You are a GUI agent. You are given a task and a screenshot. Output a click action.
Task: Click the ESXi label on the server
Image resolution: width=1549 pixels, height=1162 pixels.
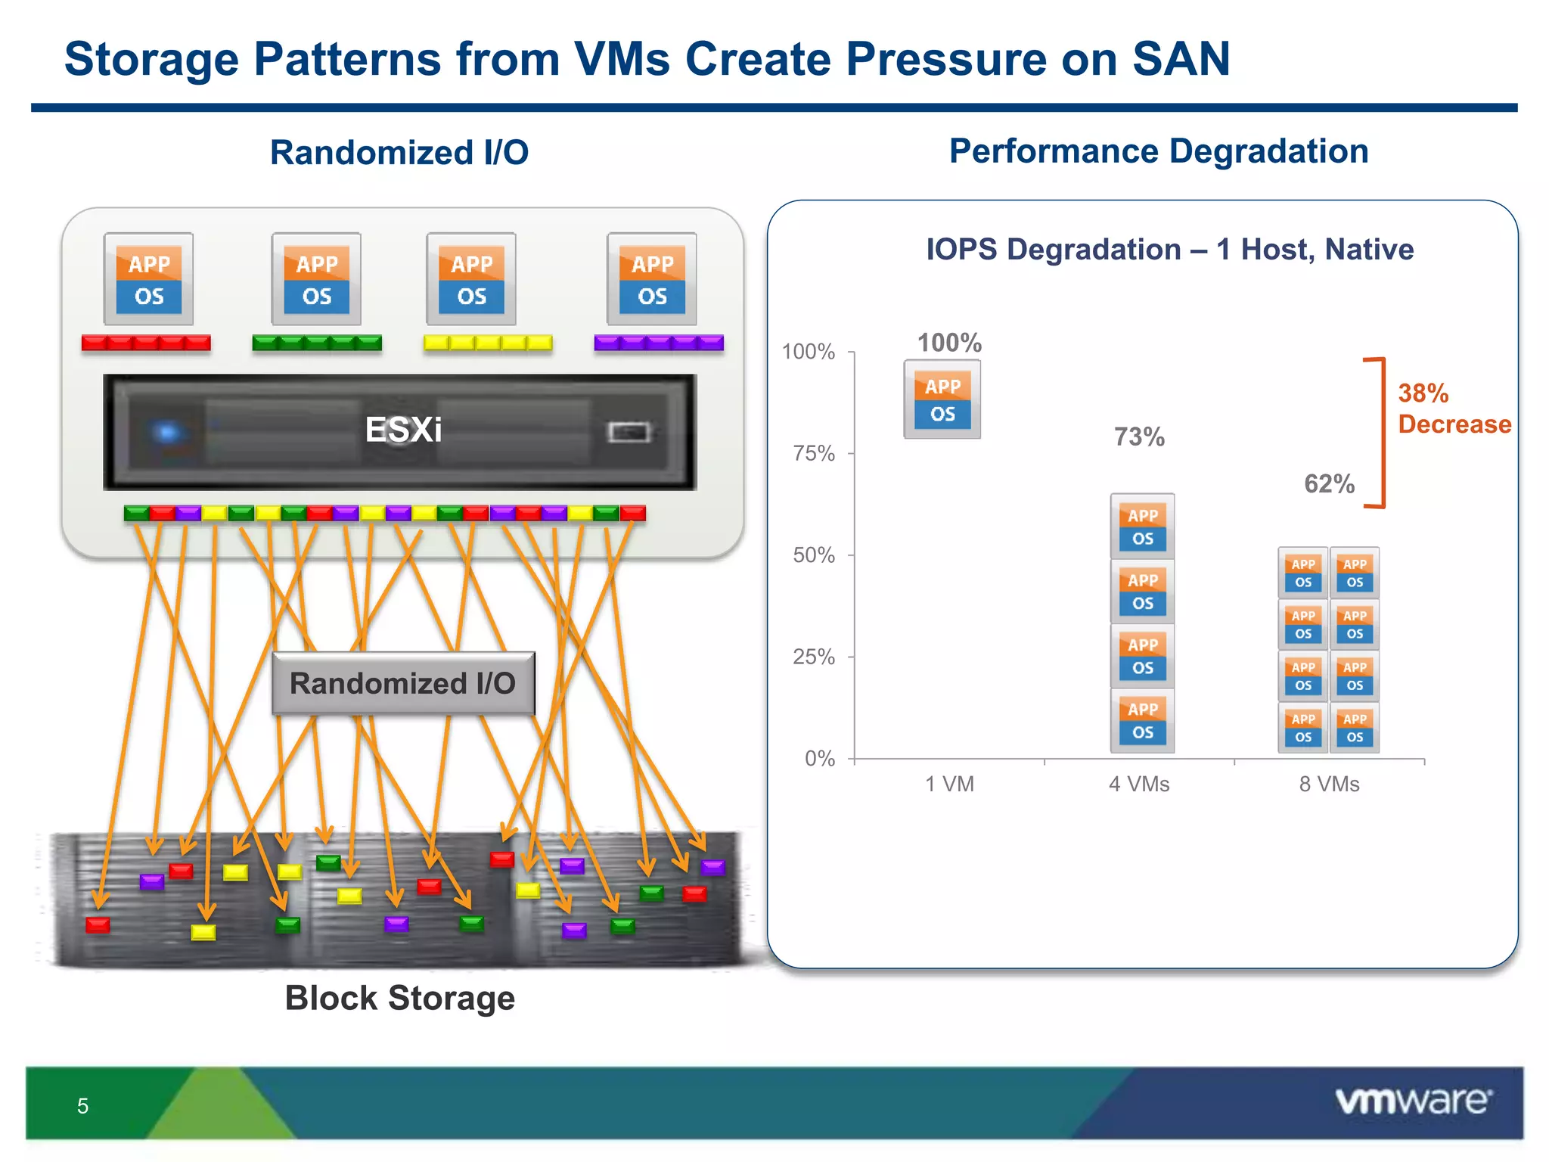coord(403,430)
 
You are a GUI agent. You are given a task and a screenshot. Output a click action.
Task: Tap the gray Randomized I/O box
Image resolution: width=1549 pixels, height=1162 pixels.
coord(403,683)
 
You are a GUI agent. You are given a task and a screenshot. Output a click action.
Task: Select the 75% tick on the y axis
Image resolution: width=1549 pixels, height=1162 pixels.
coord(814,453)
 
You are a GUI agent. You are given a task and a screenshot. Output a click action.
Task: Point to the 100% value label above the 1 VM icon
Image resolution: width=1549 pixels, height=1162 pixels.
coord(949,343)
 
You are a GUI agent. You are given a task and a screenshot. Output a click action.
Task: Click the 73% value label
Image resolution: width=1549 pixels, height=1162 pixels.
coord(1139,437)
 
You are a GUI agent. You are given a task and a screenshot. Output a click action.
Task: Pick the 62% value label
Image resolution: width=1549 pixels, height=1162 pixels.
coord(1329,483)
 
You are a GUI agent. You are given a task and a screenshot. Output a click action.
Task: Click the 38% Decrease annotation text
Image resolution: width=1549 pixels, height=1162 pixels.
coord(1453,409)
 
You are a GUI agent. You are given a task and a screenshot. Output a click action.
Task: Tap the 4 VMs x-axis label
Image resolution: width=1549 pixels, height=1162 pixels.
coord(1139,784)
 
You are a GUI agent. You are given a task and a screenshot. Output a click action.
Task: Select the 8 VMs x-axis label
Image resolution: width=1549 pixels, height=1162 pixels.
coord(1329,784)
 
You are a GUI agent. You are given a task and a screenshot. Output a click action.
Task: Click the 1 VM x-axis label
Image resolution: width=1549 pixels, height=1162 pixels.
coord(949,784)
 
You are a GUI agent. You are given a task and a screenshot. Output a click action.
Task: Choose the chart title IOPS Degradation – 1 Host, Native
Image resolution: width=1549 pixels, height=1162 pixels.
coord(1169,249)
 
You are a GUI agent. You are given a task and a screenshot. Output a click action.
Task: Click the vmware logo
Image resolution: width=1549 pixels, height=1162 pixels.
coord(1413,1101)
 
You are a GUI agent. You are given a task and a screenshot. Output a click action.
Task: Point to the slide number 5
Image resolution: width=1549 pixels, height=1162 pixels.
coord(82,1106)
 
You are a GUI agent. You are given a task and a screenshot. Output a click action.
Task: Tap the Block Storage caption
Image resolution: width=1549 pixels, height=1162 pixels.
coord(399,998)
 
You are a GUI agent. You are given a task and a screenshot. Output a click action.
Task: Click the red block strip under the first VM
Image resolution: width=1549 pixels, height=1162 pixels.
coord(146,343)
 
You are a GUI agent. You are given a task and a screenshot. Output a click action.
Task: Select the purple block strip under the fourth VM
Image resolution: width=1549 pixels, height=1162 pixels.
coord(659,343)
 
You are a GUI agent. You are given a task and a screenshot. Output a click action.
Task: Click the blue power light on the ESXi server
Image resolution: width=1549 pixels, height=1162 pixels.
coord(167,432)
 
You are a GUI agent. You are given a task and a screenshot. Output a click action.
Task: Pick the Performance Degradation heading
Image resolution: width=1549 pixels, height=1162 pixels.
coord(1159,151)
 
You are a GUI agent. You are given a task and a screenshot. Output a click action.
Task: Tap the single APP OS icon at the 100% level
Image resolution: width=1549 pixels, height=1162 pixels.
coord(942,399)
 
